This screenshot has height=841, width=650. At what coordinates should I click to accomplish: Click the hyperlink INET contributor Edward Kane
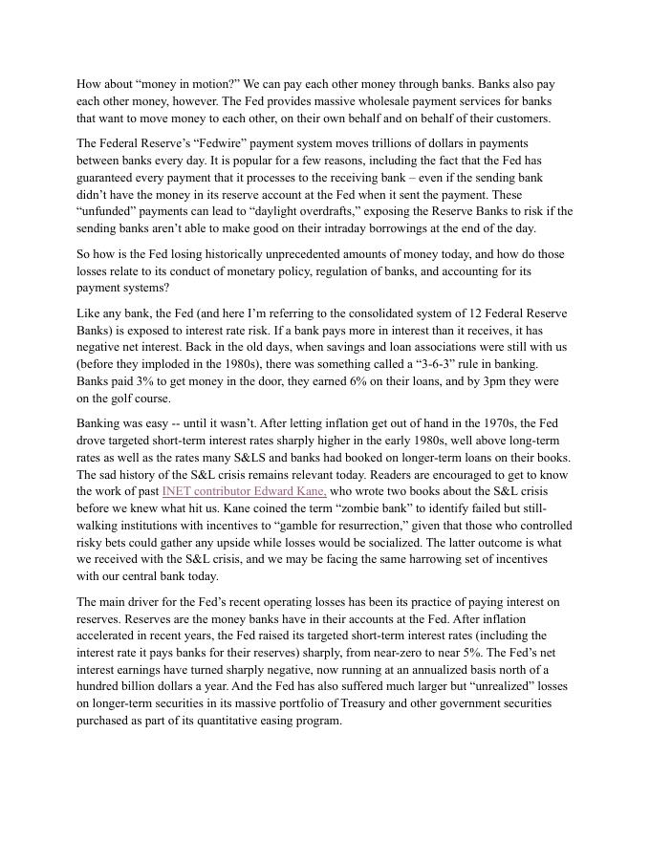244,491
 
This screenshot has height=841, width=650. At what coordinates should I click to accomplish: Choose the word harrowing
370,559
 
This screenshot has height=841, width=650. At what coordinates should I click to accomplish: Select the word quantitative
233,721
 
